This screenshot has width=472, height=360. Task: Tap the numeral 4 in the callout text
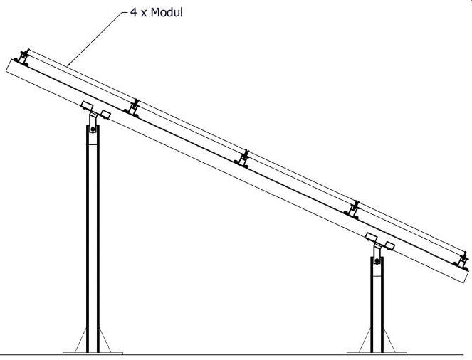click(132, 12)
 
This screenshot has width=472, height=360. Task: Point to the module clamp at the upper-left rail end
click(24, 57)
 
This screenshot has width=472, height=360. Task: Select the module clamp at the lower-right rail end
click(463, 261)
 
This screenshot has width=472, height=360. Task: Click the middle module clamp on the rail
click(245, 159)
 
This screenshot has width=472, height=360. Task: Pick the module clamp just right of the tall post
click(133, 107)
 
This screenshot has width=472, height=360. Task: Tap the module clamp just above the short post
click(355, 209)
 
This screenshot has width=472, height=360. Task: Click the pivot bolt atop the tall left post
click(92, 129)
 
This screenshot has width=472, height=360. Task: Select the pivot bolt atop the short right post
click(377, 261)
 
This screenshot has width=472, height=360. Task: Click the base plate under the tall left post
click(93, 352)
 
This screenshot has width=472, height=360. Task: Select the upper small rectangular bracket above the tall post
click(88, 107)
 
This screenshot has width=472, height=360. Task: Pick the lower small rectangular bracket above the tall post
click(105, 115)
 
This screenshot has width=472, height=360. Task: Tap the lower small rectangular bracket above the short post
click(389, 245)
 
